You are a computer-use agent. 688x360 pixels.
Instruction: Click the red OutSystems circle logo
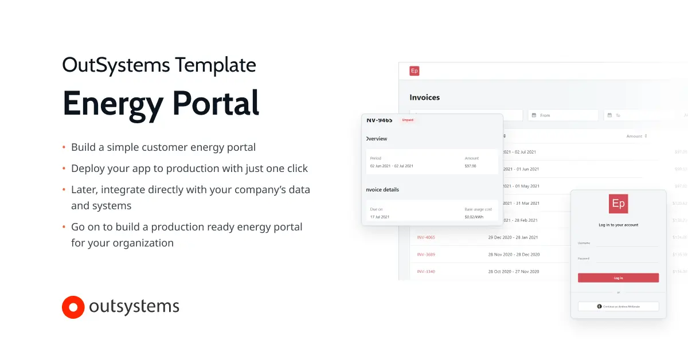[73, 307]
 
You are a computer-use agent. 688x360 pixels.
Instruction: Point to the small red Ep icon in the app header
[415, 71]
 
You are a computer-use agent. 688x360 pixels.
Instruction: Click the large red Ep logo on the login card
[618, 204]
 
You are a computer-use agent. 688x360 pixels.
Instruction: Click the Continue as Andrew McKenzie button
[618, 307]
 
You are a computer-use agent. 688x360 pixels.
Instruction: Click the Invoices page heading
[424, 97]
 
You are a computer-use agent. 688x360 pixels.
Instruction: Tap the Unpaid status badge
[408, 120]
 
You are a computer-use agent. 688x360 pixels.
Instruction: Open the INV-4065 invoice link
[426, 237]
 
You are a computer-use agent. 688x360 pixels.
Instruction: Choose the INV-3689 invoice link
[426, 255]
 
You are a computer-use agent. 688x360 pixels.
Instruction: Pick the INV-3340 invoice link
[426, 271]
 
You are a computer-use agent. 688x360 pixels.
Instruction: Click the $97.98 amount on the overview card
[470, 166]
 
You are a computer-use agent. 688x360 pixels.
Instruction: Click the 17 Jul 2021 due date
[380, 217]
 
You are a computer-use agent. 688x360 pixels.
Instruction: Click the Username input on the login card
[627, 243]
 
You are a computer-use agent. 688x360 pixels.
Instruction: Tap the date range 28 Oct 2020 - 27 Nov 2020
[513, 271]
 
